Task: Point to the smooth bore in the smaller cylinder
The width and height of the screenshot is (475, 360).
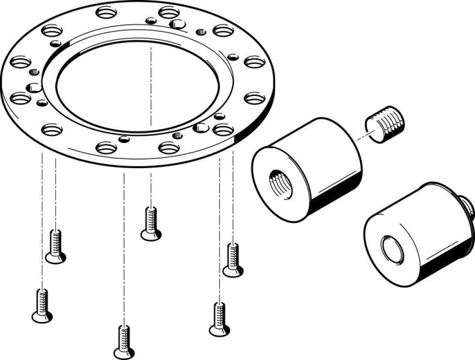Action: coord(393,249)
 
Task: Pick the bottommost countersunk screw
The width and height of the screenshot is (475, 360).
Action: coord(124,341)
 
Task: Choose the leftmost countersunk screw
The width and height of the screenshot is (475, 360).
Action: coord(41,305)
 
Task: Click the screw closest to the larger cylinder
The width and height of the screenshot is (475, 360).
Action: coord(233,260)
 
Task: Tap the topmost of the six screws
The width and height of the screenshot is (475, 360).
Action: coord(151,223)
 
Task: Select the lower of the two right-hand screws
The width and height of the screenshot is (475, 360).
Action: coord(219,319)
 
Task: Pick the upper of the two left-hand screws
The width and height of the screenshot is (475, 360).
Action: coord(56,247)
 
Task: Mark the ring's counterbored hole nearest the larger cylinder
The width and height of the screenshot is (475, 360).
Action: coord(223,130)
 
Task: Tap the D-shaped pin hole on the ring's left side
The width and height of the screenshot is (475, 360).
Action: coord(33,88)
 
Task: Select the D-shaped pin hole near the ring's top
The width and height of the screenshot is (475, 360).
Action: coord(177,24)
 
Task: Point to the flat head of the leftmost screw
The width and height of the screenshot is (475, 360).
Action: coord(42,317)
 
